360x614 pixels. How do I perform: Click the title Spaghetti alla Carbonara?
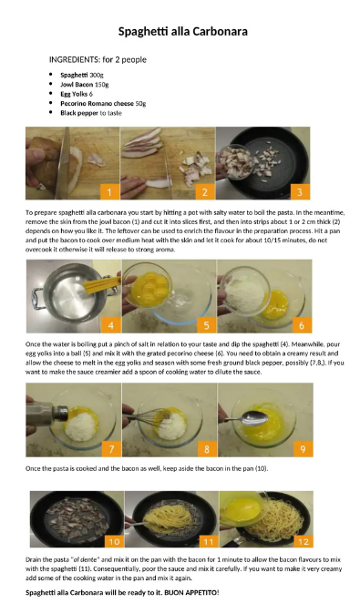(183, 31)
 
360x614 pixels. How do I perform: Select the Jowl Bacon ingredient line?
(85, 84)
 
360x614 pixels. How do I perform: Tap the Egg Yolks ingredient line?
(77, 94)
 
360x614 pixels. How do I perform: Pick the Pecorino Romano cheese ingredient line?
(103, 103)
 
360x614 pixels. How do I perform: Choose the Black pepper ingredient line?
(91, 113)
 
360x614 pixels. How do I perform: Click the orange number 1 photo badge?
(109, 192)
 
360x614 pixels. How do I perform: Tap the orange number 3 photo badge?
(300, 192)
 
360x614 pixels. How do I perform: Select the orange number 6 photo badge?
(302, 325)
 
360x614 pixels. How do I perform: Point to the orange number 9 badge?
(303, 449)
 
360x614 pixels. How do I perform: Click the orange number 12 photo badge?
(303, 541)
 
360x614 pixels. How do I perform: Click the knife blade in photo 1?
(63, 165)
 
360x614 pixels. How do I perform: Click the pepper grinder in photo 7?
(46, 413)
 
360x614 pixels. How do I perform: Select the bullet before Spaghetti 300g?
(51, 75)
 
